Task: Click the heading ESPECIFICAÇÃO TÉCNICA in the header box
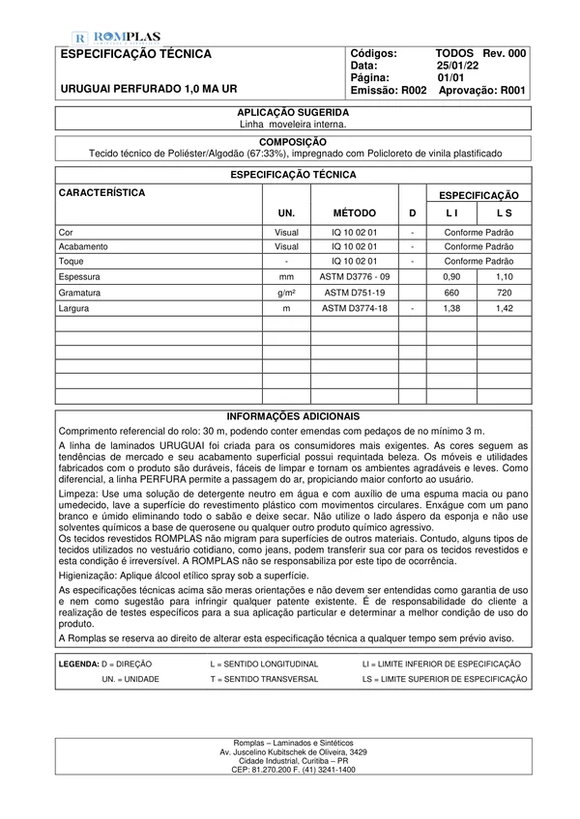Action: tap(134, 55)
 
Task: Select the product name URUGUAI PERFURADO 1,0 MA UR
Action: tap(149, 88)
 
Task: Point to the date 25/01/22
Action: tap(458, 65)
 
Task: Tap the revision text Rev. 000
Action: tap(504, 53)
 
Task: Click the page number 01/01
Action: tap(451, 76)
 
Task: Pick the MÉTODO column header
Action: tap(354, 212)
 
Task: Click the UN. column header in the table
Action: tap(286, 212)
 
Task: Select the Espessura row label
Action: tap(81, 275)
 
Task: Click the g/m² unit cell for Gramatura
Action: tap(286, 291)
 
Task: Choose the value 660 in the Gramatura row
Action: tap(450, 291)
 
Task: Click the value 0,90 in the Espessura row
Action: tap(450, 275)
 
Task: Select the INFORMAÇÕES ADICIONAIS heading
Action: tap(292, 415)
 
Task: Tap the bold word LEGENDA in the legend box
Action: tap(78, 664)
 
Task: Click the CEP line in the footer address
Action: tap(292, 770)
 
